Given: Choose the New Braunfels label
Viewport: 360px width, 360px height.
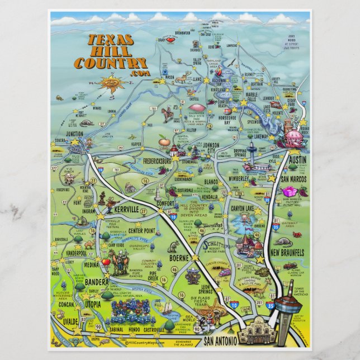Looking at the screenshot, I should [x=288, y=253].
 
